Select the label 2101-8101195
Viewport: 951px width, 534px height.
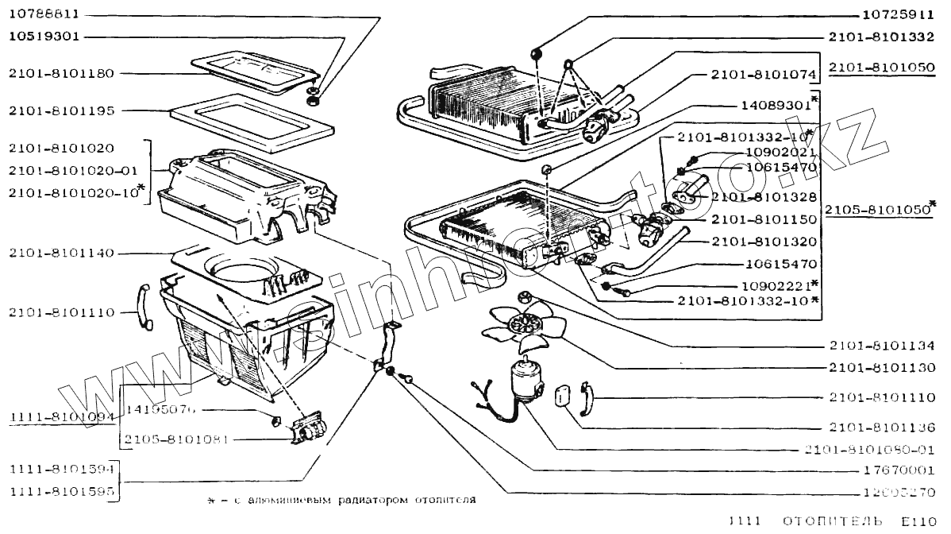pos(62,110)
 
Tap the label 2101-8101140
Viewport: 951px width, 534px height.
pos(62,253)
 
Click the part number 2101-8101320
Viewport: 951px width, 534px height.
pos(764,241)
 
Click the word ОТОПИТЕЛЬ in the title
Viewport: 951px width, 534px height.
pos(833,522)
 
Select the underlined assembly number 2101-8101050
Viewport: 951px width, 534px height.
pos(881,68)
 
